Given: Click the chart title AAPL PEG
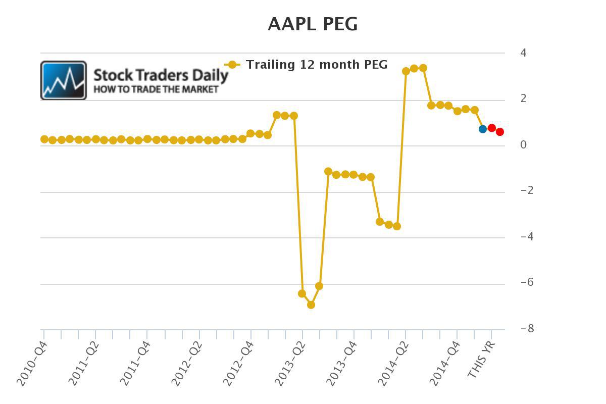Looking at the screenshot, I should click(313, 24).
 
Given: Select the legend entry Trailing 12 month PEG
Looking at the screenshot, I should click(316, 65).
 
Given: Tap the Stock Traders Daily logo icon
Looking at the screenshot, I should click(64, 80).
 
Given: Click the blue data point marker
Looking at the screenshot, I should click(483, 129).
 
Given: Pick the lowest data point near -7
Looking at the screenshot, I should click(311, 305).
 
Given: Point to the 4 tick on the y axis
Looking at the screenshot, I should click(523, 53).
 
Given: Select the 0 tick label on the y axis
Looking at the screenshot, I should click(523, 145).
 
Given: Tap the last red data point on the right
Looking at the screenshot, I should click(500, 132).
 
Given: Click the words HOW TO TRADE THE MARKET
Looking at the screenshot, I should click(156, 89).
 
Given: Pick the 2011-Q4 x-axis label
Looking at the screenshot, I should click(136, 364).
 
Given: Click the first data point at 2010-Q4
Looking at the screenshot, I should click(44, 139).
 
